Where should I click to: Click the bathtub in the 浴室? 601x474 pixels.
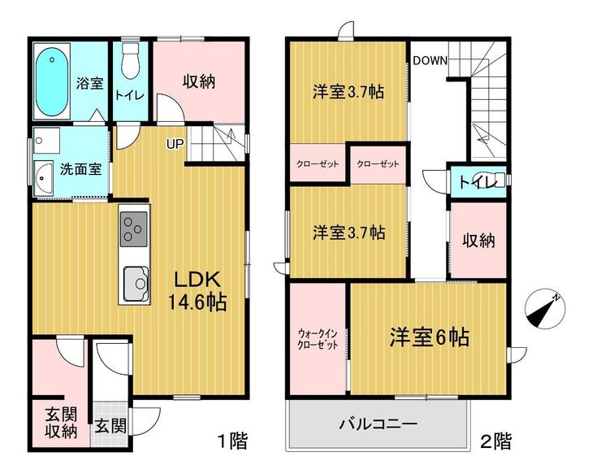tap(52, 81)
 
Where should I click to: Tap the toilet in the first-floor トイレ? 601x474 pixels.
tap(131, 60)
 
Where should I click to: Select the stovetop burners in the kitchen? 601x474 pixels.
tap(133, 229)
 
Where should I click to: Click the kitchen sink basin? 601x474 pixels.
tap(136, 283)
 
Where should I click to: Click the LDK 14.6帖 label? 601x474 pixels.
tap(197, 291)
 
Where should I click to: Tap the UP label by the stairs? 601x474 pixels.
tap(175, 144)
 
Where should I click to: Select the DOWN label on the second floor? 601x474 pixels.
tap(430, 60)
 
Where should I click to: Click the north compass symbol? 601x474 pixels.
tap(544, 311)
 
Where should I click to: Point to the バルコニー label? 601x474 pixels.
tap(378, 424)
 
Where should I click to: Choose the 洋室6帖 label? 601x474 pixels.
tap(430, 337)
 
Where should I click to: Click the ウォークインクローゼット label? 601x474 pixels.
tap(318, 338)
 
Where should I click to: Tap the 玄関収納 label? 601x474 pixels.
tap(61, 423)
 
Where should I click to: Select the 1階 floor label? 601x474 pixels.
tap(232, 441)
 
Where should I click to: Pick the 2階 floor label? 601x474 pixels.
tap(496, 441)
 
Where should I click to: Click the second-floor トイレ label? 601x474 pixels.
tap(478, 182)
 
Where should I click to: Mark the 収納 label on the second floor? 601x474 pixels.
tap(478, 241)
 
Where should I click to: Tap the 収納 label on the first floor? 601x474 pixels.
tap(198, 81)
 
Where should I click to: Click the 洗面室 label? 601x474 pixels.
tap(81, 168)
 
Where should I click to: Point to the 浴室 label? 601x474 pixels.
tap(89, 83)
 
